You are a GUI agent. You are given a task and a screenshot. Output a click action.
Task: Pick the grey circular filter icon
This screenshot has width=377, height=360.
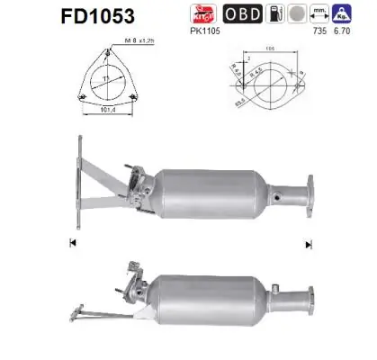coord(301,13)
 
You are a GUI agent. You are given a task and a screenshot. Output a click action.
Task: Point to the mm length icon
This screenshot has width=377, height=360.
coord(320,13)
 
